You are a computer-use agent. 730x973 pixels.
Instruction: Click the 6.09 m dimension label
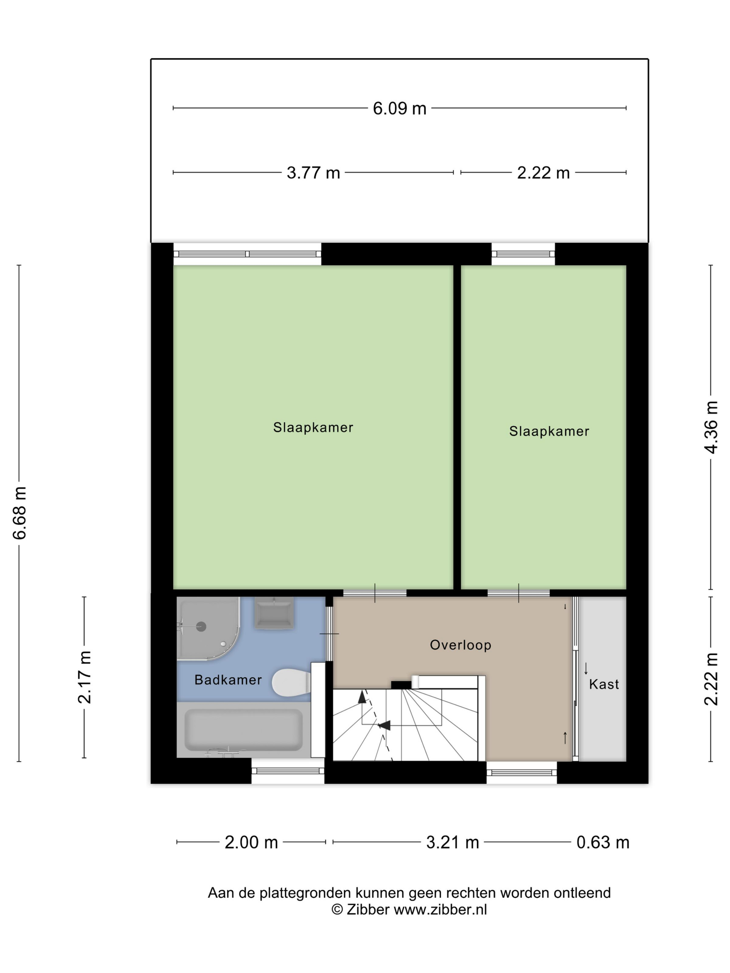399,108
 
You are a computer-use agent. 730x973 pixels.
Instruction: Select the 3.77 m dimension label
313,172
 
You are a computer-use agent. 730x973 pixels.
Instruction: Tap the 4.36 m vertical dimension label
711,427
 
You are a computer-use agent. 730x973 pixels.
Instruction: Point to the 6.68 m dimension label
20,513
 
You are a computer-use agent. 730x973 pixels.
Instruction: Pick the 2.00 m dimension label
251,842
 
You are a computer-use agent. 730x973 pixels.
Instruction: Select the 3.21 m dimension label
452,842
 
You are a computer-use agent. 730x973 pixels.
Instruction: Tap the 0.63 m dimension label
603,842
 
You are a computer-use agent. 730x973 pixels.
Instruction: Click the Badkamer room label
228,680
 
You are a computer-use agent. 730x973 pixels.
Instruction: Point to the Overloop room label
460,645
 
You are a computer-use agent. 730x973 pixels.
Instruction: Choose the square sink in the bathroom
273,613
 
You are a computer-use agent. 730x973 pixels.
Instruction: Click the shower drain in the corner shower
201,627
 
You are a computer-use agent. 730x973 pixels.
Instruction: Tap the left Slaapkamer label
313,427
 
